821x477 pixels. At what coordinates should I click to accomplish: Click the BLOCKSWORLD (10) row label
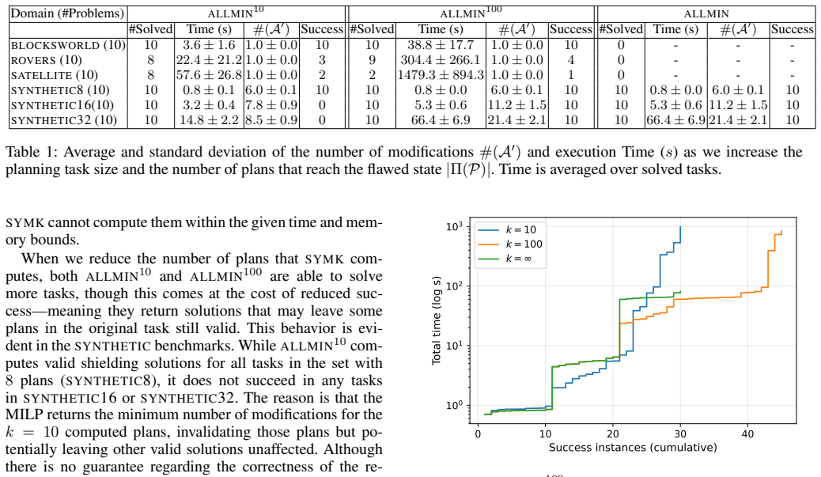click(68, 46)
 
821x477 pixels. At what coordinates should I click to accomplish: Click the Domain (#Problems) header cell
click(67, 13)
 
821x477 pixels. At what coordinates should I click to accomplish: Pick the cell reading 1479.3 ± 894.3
click(441, 75)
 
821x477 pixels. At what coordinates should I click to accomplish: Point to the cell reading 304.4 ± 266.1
click(441, 60)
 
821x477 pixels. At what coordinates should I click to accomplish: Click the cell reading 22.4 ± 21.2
click(209, 60)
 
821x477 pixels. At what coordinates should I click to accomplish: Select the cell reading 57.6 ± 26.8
click(209, 75)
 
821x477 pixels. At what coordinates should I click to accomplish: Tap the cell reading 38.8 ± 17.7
click(441, 46)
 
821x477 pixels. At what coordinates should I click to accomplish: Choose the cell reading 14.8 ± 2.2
click(209, 120)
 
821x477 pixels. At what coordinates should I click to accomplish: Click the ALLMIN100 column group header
click(471, 13)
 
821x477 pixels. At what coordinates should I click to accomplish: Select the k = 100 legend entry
click(510, 244)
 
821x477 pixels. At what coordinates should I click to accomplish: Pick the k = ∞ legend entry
click(505, 259)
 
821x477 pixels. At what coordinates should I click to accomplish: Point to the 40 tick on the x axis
click(747, 433)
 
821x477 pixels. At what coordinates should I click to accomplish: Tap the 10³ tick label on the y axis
click(455, 227)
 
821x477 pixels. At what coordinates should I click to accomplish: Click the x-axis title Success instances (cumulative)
click(633, 448)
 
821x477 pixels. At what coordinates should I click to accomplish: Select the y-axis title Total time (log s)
click(436, 320)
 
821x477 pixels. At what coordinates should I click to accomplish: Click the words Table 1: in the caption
click(31, 152)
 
